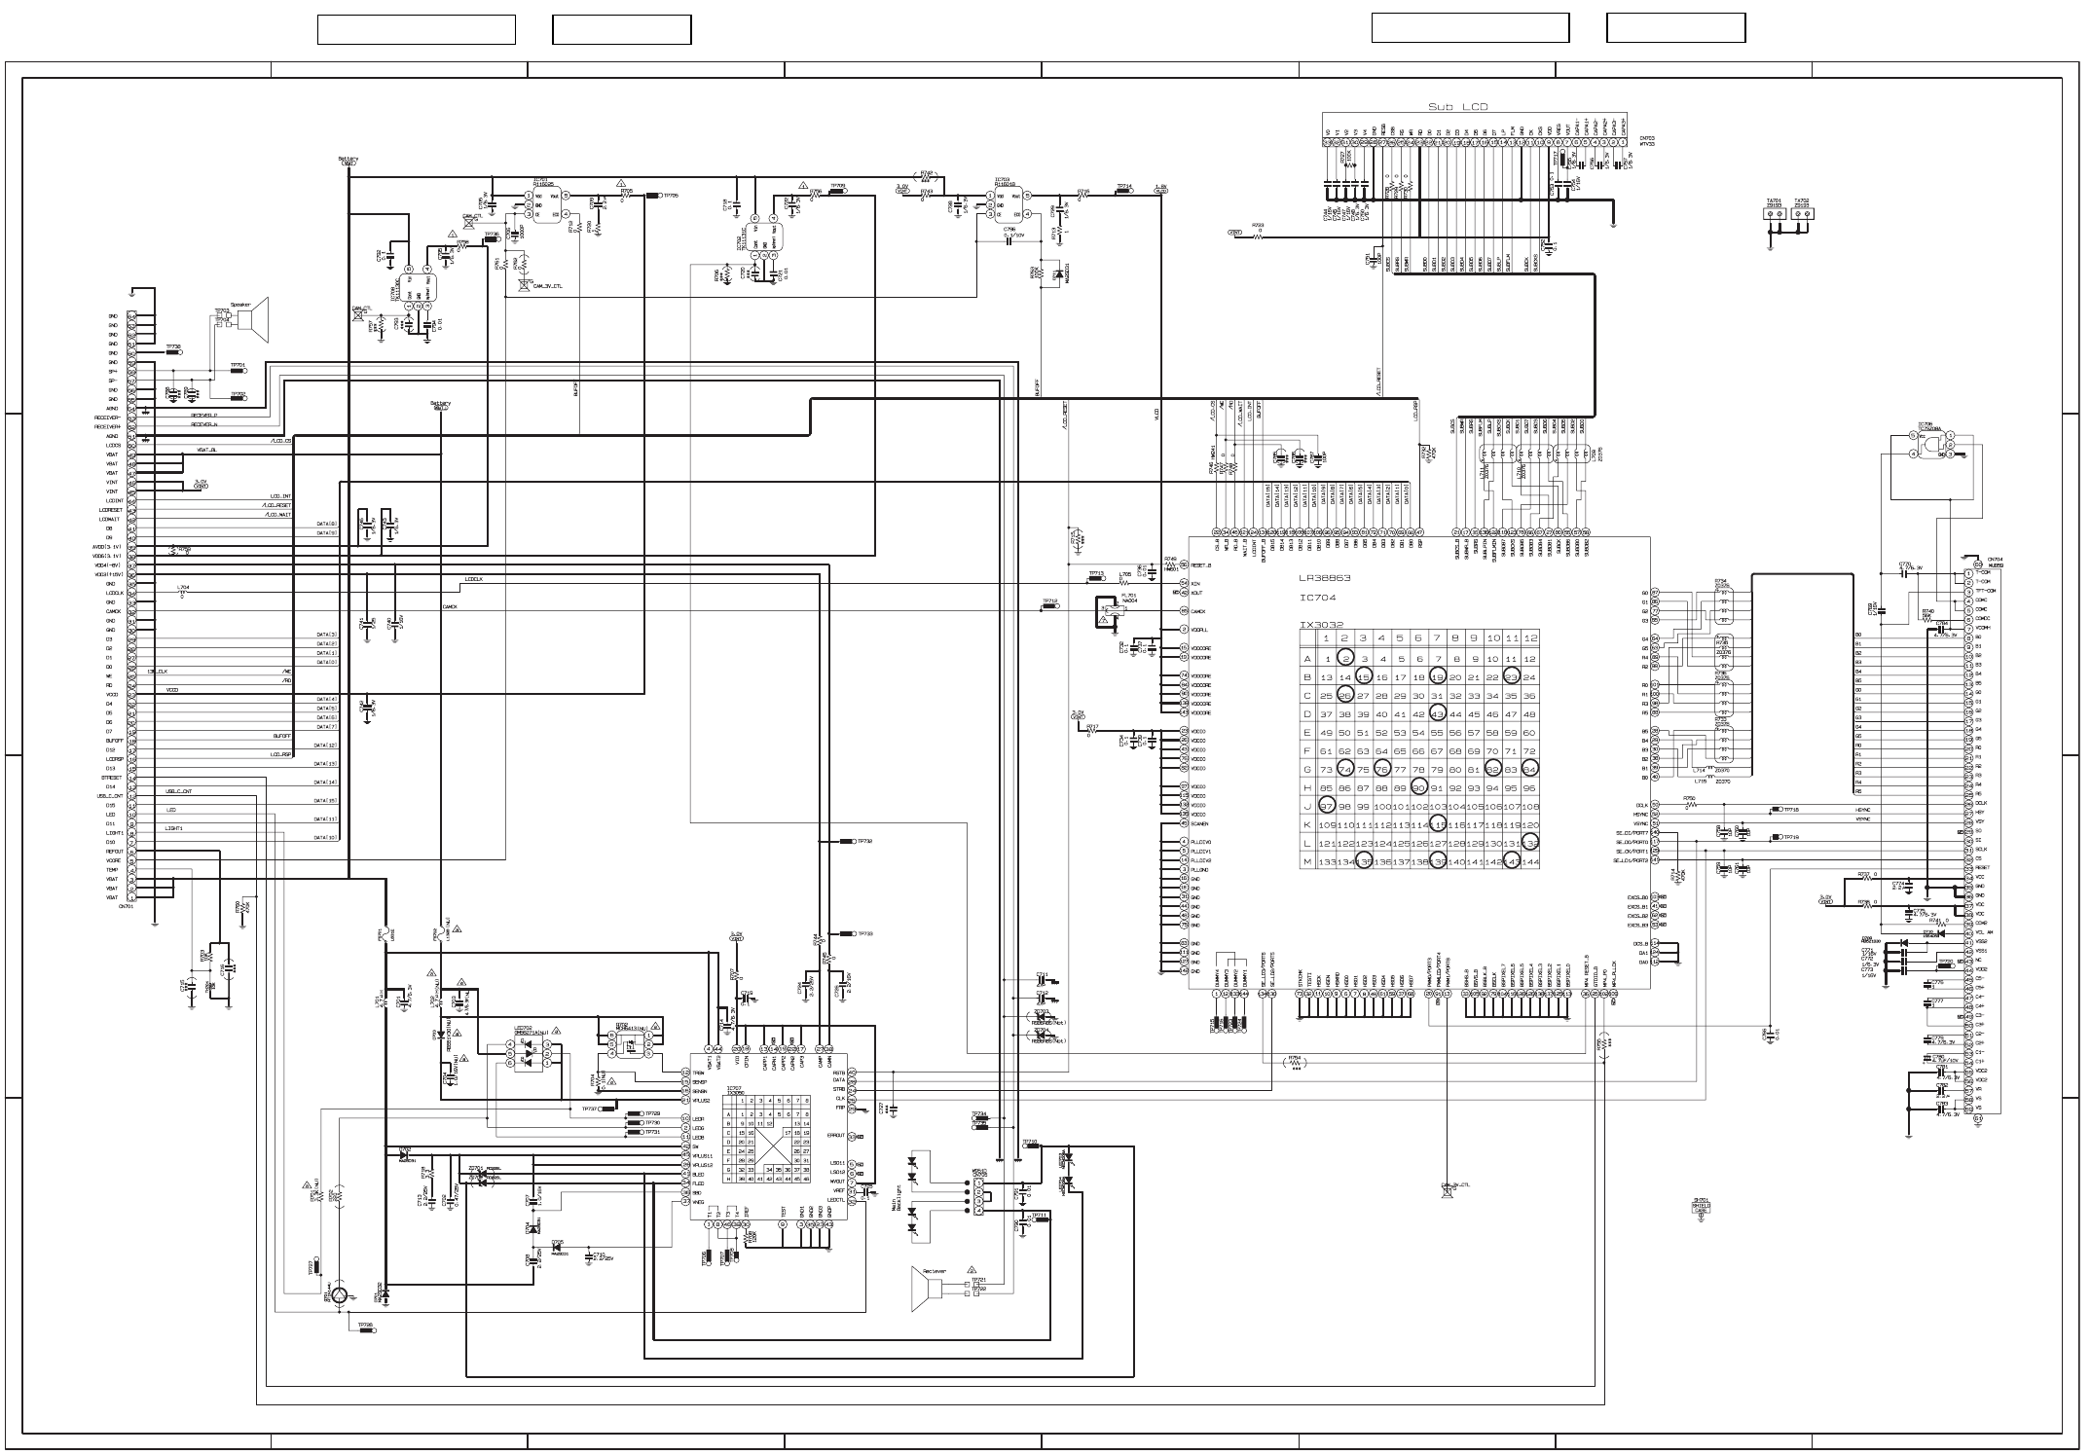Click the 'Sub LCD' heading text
click(1457, 107)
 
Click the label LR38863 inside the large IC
click(1325, 578)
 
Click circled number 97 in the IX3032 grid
click(1326, 806)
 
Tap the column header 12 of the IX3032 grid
click(1530, 638)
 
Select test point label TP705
click(670, 196)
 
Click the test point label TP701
click(238, 366)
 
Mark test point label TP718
click(1790, 810)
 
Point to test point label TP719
click(1790, 837)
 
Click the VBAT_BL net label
click(207, 451)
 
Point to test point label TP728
click(364, 1325)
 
